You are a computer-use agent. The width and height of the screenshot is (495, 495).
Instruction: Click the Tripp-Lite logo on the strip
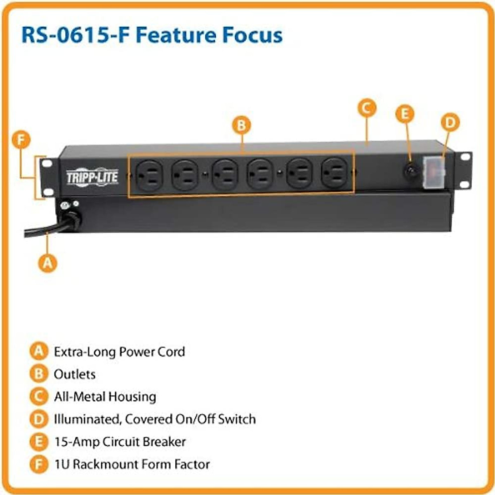coord(92,177)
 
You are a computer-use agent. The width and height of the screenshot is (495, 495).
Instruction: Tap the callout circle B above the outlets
coord(241,125)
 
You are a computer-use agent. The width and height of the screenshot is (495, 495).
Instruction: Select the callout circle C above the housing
coord(366,108)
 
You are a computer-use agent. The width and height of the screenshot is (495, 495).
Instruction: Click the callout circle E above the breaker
coord(405,114)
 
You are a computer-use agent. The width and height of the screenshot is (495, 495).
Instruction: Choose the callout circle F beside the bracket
coord(21,140)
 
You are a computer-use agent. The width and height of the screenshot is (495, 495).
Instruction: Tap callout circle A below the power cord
coord(48,263)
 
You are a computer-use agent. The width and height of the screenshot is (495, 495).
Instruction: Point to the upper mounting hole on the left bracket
coord(47,164)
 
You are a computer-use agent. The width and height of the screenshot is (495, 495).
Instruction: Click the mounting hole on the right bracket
coord(465,157)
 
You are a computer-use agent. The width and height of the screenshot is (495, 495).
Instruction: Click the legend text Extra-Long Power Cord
coord(119,352)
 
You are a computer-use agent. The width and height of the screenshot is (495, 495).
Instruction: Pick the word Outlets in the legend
coord(75,374)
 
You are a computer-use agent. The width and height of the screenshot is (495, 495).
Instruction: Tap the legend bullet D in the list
coord(38,419)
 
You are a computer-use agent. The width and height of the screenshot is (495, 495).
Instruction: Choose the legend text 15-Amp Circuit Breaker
coord(120,442)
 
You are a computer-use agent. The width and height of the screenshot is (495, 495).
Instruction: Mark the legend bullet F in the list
coord(38,464)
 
